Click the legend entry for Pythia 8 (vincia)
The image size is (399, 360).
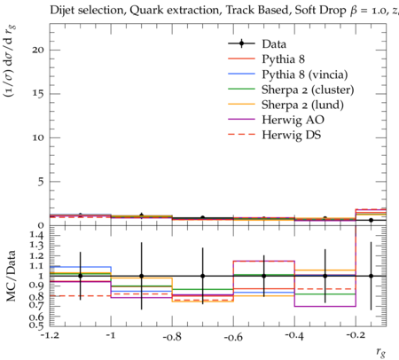pyautogui.click(x=305, y=74)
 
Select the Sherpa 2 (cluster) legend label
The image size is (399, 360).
pyautogui.click(x=308, y=90)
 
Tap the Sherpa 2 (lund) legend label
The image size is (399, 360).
pyautogui.click(x=302, y=105)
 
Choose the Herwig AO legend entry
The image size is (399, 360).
pyautogui.click(x=293, y=120)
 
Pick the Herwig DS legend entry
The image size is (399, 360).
pyautogui.click(x=292, y=135)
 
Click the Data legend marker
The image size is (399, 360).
pyautogui.click(x=241, y=43)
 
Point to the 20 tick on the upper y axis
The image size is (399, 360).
pyautogui.click(x=38, y=50)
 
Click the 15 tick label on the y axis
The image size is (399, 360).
pyautogui.click(x=38, y=94)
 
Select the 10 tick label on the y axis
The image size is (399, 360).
pyautogui.click(x=38, y=137)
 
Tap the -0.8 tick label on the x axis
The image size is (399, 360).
pyautogui.click(x=172, y=336)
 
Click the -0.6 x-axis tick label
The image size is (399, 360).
pyautogui.click(x=233, y=336)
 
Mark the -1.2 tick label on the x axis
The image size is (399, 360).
pyautogui.click(x=49, y=336)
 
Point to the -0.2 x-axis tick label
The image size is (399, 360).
pyautogui.click(x=356, y=336)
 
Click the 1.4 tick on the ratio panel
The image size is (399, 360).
pyautogui.click(x=37, y=235)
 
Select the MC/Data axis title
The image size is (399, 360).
pyautogui.click(x=12, y=276)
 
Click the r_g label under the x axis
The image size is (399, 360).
pyautogui.click(x=380, y=352)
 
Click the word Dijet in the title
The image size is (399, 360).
pyautogui.click(x=62, y=11)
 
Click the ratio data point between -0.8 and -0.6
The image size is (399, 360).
pyautogui.click(x=203, y=276)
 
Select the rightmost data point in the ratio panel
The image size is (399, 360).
pyautogui.click(x=371, y=276)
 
